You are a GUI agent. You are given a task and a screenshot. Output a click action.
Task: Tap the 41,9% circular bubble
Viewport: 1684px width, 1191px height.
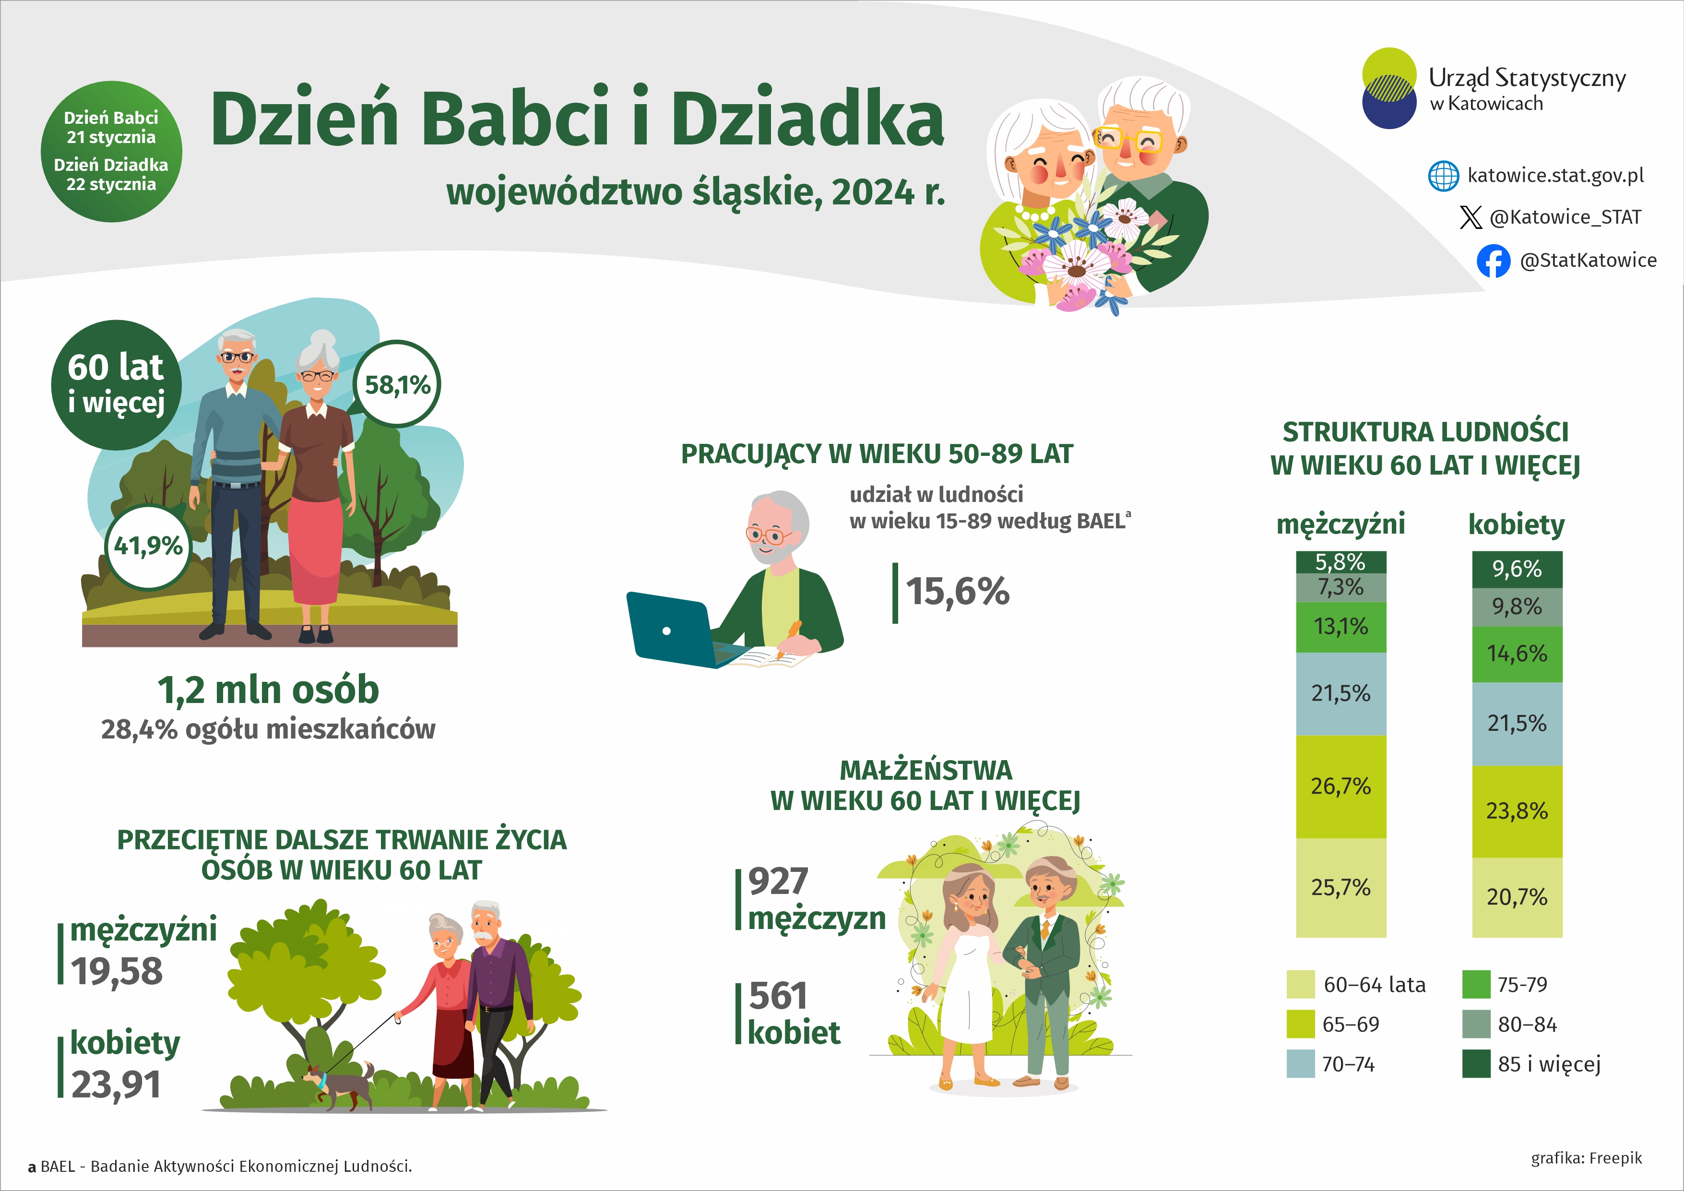point(148,547)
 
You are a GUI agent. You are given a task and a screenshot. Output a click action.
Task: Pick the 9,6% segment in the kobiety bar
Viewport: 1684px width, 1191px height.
point(1517,569)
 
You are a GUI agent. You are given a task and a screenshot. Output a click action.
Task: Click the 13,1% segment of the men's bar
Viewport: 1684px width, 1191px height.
point(1341,627)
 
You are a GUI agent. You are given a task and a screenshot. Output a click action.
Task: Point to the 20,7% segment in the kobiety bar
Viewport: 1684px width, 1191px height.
point(1517,897)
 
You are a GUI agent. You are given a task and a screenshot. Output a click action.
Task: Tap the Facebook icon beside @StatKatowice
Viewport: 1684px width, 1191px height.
point(1494,261)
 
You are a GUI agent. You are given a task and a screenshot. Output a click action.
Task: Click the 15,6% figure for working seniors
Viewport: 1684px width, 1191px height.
point(957,592)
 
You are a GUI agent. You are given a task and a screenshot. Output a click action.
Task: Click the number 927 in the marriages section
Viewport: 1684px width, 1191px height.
point(777,881)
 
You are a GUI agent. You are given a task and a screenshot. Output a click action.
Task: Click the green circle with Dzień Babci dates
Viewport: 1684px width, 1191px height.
point(111,152)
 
